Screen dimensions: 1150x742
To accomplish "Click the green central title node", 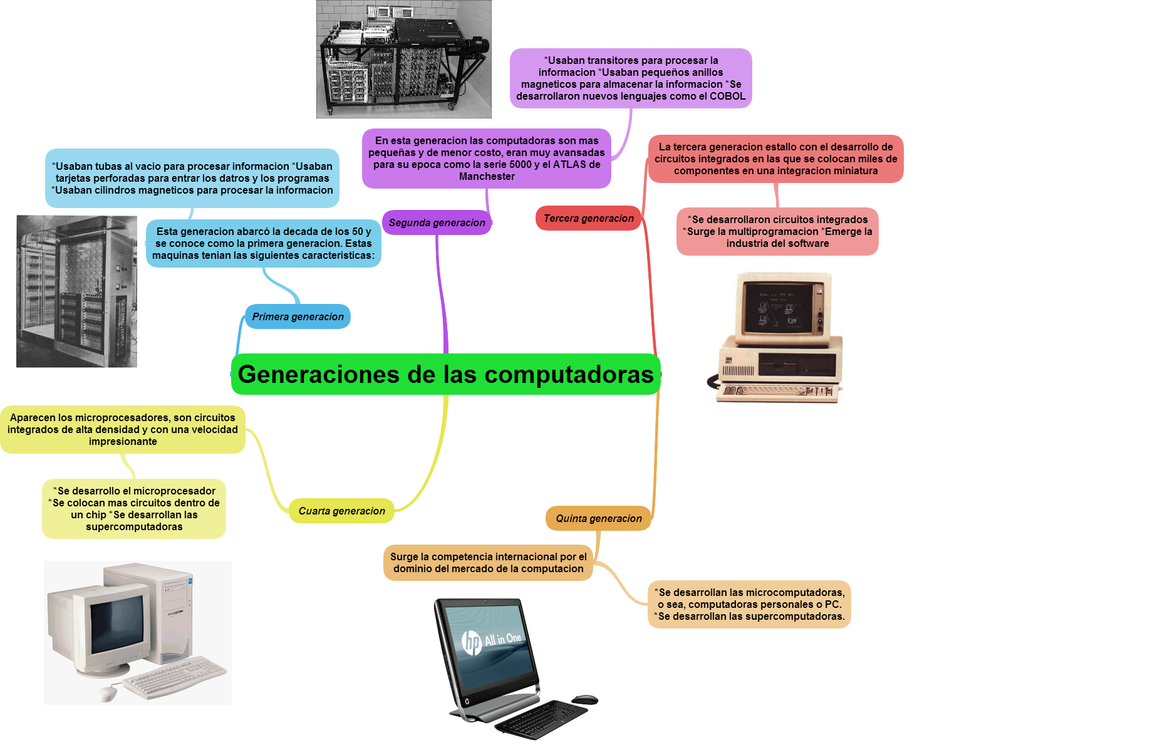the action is coord(446,374).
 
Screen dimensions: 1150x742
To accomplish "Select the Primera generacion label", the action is coord(298,316).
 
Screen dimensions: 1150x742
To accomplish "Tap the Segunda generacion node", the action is coord(437,222).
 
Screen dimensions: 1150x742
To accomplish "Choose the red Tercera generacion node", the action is coord(588,218).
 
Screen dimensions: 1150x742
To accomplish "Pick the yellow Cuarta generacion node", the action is coord(341,511).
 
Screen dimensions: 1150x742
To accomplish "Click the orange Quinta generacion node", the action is coord(599,518).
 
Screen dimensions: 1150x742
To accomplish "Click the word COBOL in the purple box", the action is coord(727,97).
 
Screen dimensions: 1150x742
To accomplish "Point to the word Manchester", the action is coord(487,177).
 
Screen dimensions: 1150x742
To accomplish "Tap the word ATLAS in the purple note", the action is coord(569,165).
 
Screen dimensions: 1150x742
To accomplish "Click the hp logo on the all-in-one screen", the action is coord(472,642).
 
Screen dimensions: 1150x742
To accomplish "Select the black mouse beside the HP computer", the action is coord(584,699).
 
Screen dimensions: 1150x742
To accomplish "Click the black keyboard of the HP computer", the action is coord(541,719).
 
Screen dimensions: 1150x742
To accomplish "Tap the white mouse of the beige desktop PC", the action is coord(107,693).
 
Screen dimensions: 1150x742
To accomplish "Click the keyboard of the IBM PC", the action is coord(776,392).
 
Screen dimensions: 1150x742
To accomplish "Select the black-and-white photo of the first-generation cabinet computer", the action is coord(76,291).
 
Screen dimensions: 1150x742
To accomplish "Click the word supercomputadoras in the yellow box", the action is coord(134,527).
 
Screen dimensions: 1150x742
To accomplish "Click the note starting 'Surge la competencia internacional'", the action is coord(488,563).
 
